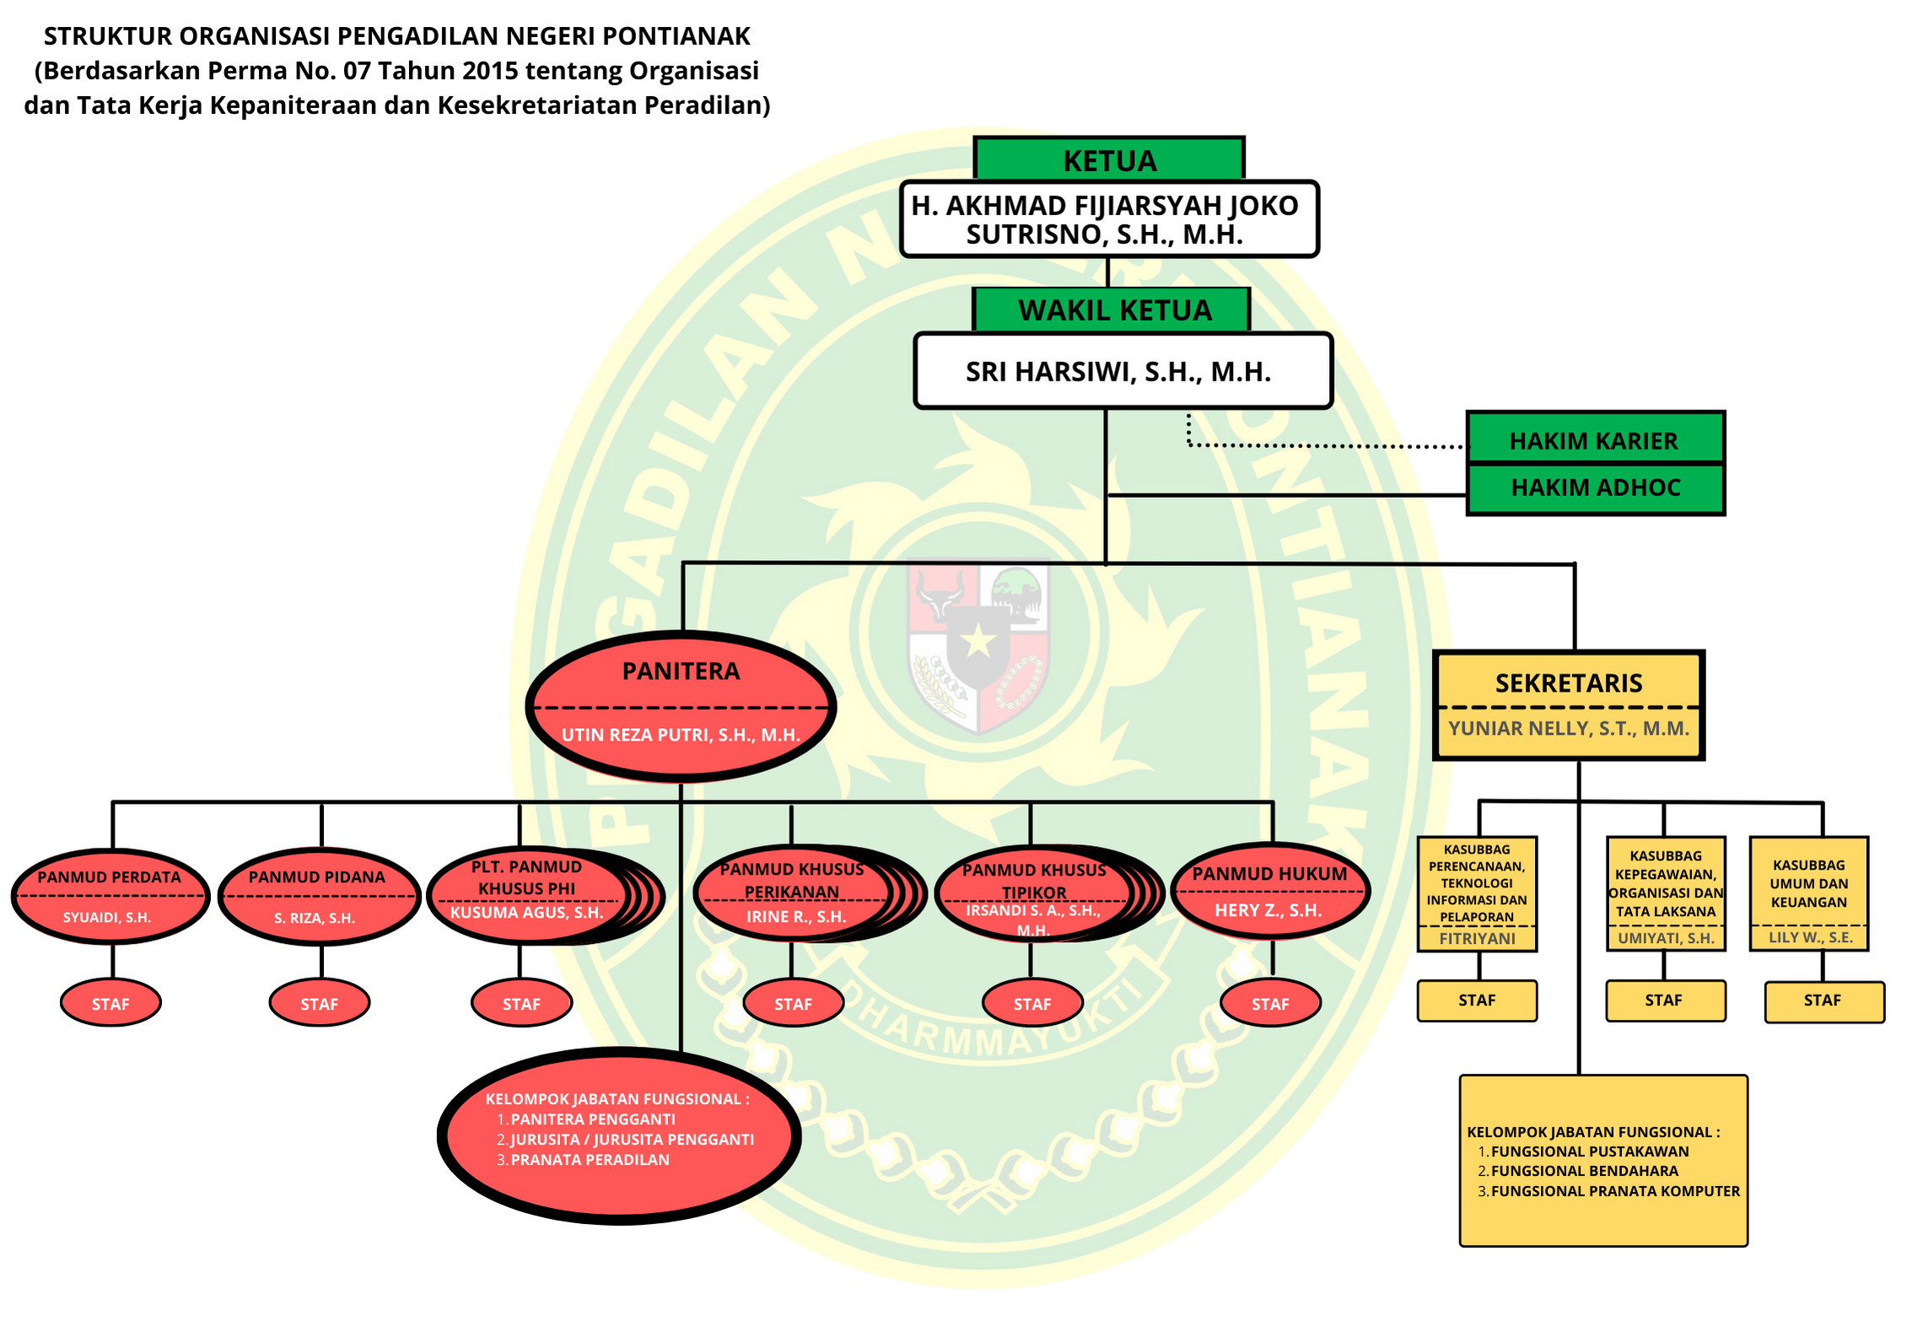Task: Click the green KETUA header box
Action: point(1109,159)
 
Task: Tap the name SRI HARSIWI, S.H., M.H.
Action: point(1118,372)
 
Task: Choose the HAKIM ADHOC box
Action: point(1595,488)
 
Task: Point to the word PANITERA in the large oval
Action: point(681,671)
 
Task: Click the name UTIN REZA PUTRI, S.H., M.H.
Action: point(681,735)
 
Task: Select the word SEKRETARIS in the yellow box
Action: point(1569,683)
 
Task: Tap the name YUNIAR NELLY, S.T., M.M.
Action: point(1569,729)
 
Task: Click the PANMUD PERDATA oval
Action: point(110,895)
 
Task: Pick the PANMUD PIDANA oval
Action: point(318,896)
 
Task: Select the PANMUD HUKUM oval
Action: point(1269,892)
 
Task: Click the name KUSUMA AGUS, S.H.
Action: point(526,913)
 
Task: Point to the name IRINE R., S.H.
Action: point(795,917)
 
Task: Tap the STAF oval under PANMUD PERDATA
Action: point(110,1004)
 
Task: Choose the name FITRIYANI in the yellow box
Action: point(1477,939)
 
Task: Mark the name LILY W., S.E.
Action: point(1810,938)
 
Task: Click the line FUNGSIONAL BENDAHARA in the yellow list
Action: point(1584,1172)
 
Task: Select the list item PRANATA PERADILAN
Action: point(590,1160)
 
